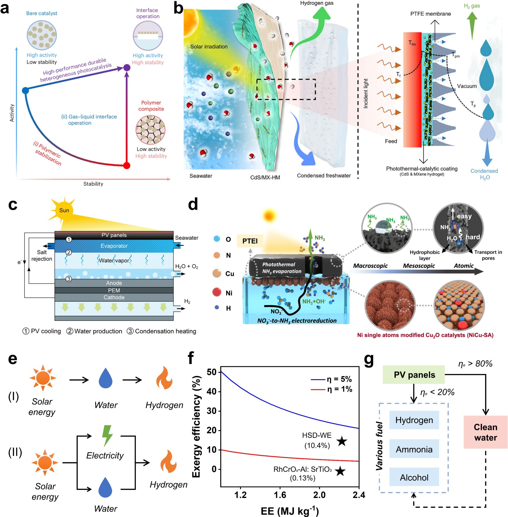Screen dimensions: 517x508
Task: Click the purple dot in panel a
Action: [x=127, y=67]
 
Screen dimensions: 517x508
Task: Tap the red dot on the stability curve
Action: [x=127, y=166]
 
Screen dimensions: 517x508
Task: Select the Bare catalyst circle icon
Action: [x=42, y=35]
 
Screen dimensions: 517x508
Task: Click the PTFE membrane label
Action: [x=430, y=14]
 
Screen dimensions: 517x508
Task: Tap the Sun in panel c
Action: [x=63, y=210]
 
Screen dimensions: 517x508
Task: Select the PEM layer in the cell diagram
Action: [x=114, y=290]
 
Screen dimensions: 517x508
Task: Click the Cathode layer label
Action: [x=114, y=297]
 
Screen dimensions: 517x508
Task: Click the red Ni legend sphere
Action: [x=217, y=292]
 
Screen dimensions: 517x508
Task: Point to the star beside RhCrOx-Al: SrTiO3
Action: [x=340, y=471]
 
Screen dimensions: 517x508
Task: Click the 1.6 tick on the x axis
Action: [x=280, y=495]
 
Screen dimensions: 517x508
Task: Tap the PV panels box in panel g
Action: [x=414, y=375]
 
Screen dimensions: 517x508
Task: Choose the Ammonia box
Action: [x=414, y=449]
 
